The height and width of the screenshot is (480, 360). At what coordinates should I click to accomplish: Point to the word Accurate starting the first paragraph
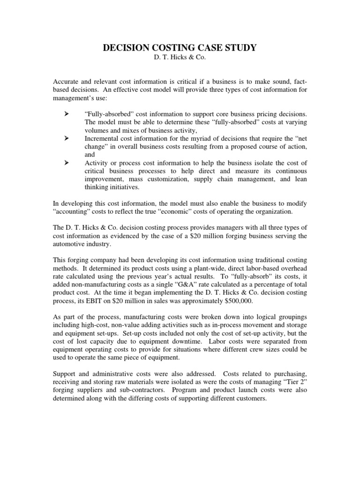pyautogui.click(x=66, y=82)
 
